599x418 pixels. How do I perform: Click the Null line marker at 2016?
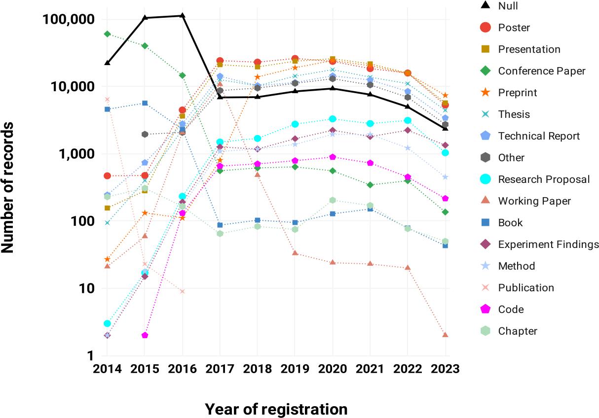tap(183, 15)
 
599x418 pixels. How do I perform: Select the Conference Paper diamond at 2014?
tap(107, 34)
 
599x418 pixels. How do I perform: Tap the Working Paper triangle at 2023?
tap(445, 335)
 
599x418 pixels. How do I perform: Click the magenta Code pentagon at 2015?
tap(145, 335)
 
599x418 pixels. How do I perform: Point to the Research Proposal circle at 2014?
tap(107, 323)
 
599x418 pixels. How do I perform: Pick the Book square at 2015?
tap(145, 103)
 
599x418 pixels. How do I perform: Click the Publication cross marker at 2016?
tap(183, 291)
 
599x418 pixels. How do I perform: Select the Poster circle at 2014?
tap(107, 176)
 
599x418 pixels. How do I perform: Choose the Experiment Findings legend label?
tap(548, 244)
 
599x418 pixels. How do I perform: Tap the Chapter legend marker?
tap(486, 331)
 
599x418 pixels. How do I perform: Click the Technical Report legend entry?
tap(539, 136)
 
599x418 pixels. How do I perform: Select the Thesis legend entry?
tap(514, 114)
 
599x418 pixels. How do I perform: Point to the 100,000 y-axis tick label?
tap(70, 20)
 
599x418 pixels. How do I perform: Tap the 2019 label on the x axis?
tap(295, 370)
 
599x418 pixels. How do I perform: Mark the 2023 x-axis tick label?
tap(445, 370)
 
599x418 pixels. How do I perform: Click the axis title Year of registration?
tap(276, 409)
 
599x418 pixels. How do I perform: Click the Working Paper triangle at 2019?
tap(295, 253)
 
